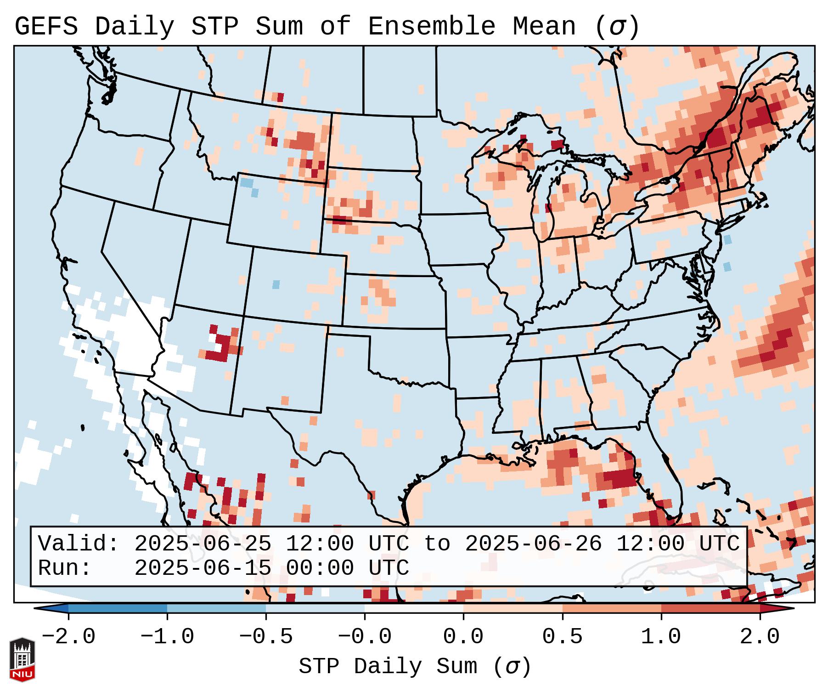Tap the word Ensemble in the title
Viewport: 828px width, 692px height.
(x=431, y=27)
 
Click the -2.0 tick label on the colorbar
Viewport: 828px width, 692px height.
(x=68, y=637)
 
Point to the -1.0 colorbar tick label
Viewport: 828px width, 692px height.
(x=167, y=637)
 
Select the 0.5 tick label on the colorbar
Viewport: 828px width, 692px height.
(x=562, y=637)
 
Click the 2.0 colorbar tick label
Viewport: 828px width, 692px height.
(x=760, y=637)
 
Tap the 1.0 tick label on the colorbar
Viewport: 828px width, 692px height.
(x=661, y=637)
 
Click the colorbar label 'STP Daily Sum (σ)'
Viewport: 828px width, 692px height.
(x=414, y=667)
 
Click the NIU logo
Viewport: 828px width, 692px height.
(x=22, y=659)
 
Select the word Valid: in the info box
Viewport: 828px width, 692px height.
(x=79, y=544)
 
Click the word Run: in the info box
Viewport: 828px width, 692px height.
(x=65, y=568)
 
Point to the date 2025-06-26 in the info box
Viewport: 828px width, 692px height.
(x=533, y=544)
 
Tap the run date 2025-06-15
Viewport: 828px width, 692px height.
(x=203, y=568)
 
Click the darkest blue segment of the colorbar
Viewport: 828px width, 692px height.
(x=118, y=608)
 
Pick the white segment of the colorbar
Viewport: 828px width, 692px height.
(x=414, y=608)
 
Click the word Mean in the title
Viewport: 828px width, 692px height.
(x=544, y=27)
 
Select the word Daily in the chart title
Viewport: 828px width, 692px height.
(x=134, y=27)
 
